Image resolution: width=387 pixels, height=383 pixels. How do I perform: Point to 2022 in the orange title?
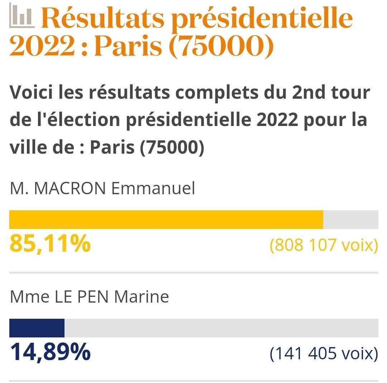(x=42, y=46)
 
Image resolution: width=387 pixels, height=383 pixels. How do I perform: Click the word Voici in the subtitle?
(x=32, y=93)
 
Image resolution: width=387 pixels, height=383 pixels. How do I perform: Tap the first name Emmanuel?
(x=153, y=188)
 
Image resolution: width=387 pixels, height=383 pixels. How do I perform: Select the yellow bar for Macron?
(x=166, y=220)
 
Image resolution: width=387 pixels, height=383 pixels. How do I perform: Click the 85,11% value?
(x=50, y=243)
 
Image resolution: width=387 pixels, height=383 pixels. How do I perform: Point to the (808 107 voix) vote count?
(x=324, y=245)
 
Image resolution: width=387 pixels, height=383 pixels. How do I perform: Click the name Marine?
(x=141, y=297)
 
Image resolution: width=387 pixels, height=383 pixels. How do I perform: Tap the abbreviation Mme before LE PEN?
(x=25, y=297)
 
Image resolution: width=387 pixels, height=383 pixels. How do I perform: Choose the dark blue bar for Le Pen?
(x=37, y=328)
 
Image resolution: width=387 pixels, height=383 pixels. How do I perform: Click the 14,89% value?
(x=50, y=352)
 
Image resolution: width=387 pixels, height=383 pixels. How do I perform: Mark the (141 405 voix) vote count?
(x=324, y=354)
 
